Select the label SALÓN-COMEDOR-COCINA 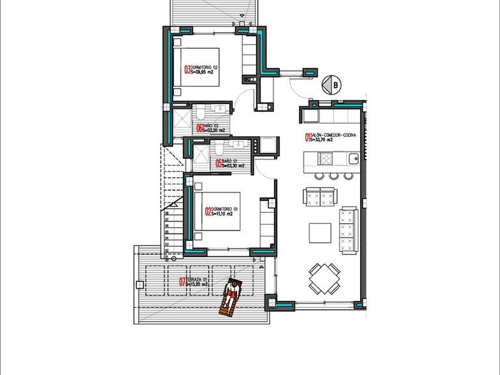pyautogui.click(x=333, y=134)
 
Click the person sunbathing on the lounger pyautogui.click(x=230, y=297)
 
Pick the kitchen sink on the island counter pyautogui.click(x=353, y=158)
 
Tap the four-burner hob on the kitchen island pyautogui.click(x=326, y=158)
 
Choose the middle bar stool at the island pyautogui.click(x=333, y=175)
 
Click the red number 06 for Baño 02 pyautogui.click(x=199, y=128)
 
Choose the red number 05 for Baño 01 pyautogui.click(x=219, y=163)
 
